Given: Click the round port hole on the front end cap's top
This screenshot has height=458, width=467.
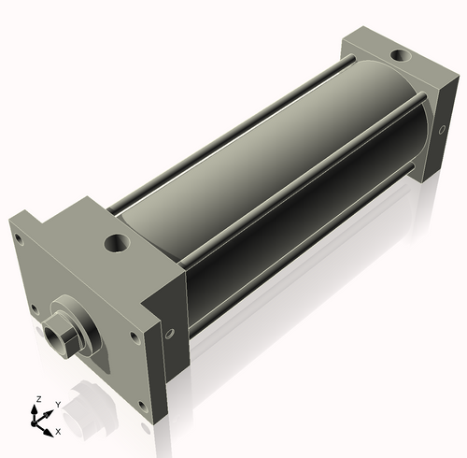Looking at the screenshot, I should tap(118, 245).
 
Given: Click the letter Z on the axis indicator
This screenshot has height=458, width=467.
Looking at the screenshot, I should tap(38, 399).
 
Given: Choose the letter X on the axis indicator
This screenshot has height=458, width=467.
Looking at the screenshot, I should tap(58, 432).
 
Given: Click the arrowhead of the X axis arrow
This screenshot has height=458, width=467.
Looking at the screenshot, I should tap(50, 429).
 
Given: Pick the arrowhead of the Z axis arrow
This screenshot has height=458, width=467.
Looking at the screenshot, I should tap(38, 408).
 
